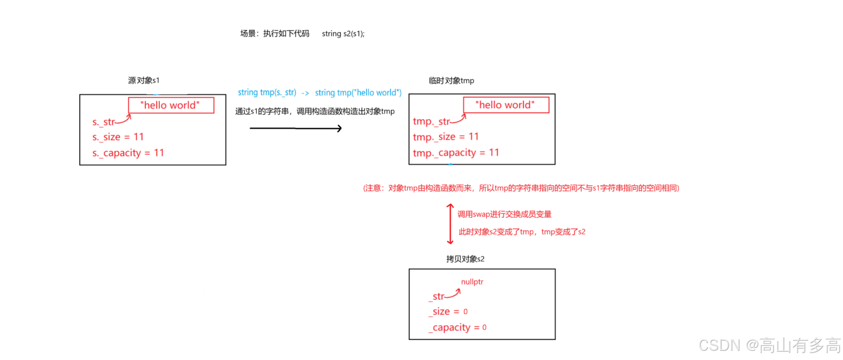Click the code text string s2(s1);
343,33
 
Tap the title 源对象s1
143,80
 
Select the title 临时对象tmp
451,81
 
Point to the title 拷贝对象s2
465,259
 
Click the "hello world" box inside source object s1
171,105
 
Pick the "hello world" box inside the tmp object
506,105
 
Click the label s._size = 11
118,137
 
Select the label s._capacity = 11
128,153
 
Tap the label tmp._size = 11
446,137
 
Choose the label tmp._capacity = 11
456,153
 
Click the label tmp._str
431,121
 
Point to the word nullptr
472,282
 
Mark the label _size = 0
448,311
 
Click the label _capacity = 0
457,327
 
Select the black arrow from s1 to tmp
296,128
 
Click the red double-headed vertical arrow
450,224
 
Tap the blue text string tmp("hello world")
358,93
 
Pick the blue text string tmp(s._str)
267,93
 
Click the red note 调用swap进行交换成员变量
504,214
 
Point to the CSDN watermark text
770,345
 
